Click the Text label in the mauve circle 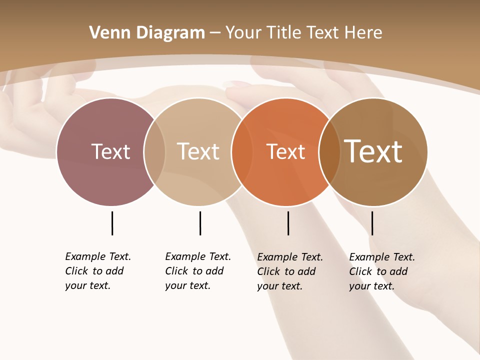(110, 151)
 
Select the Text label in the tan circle (198, 151)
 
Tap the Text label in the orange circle (285, 151)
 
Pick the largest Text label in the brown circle (373, 151)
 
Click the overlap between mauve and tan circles (154, 151)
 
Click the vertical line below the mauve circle (112, 223)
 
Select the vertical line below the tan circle (200, 223)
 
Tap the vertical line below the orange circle (288, 223)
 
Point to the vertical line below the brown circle (372, 223)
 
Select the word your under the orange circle (267, 286)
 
